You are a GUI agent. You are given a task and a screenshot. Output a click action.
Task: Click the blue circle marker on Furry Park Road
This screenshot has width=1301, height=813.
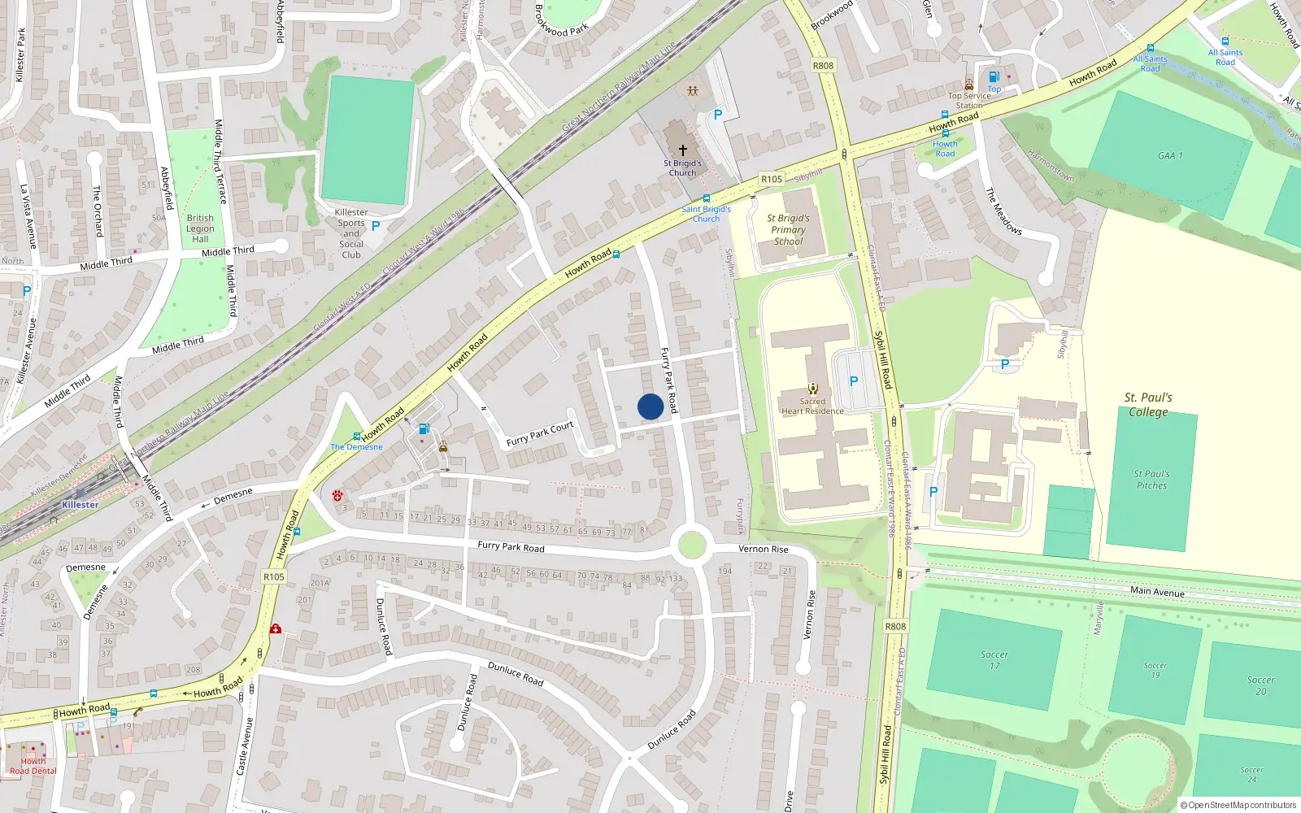tap(650, 406)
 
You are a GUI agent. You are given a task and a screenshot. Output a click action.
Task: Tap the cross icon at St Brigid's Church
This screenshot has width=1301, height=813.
tap(683, 150)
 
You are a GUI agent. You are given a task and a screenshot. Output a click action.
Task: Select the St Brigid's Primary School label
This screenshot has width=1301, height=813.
tap(788, 229)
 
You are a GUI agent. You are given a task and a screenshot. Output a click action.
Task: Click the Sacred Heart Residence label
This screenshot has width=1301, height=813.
tap(812, 406)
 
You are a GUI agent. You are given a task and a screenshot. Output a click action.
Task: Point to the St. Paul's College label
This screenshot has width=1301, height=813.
tap(1148, 404)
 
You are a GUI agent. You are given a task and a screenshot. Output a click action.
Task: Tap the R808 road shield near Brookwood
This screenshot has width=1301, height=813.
tap(823, 66)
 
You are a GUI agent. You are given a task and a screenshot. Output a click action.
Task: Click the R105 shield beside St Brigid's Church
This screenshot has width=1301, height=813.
tap(772, 179)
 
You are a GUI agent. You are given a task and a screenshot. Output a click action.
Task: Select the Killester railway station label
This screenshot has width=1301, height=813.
tap(80, 505)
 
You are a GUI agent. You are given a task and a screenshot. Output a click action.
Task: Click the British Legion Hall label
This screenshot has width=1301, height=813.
tap(200, 228)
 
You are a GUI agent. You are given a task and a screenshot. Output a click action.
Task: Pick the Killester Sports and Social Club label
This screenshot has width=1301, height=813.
tap(351, 233)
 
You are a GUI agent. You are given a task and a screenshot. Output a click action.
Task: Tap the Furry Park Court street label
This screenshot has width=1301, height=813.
tap(540, 434)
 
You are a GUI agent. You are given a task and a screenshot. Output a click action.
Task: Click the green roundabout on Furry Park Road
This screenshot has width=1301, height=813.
tap(691, 545)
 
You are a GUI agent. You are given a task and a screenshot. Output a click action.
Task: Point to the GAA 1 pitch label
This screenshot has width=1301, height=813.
tap(1170, 155)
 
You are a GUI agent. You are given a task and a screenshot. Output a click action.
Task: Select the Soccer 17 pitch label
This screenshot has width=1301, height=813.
tap(994, 659)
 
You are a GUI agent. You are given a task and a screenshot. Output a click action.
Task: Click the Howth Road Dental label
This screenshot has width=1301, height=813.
tap(33, 766)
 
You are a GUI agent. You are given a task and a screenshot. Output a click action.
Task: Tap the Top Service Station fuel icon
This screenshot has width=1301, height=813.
tap(994, 77)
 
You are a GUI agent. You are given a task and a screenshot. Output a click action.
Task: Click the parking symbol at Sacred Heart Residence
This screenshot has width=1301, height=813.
tap(853, 380)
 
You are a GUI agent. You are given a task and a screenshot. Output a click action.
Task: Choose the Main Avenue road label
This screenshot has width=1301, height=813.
tap(1157, 591)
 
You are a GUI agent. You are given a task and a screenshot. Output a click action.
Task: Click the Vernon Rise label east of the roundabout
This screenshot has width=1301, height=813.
tap(763, 550)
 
